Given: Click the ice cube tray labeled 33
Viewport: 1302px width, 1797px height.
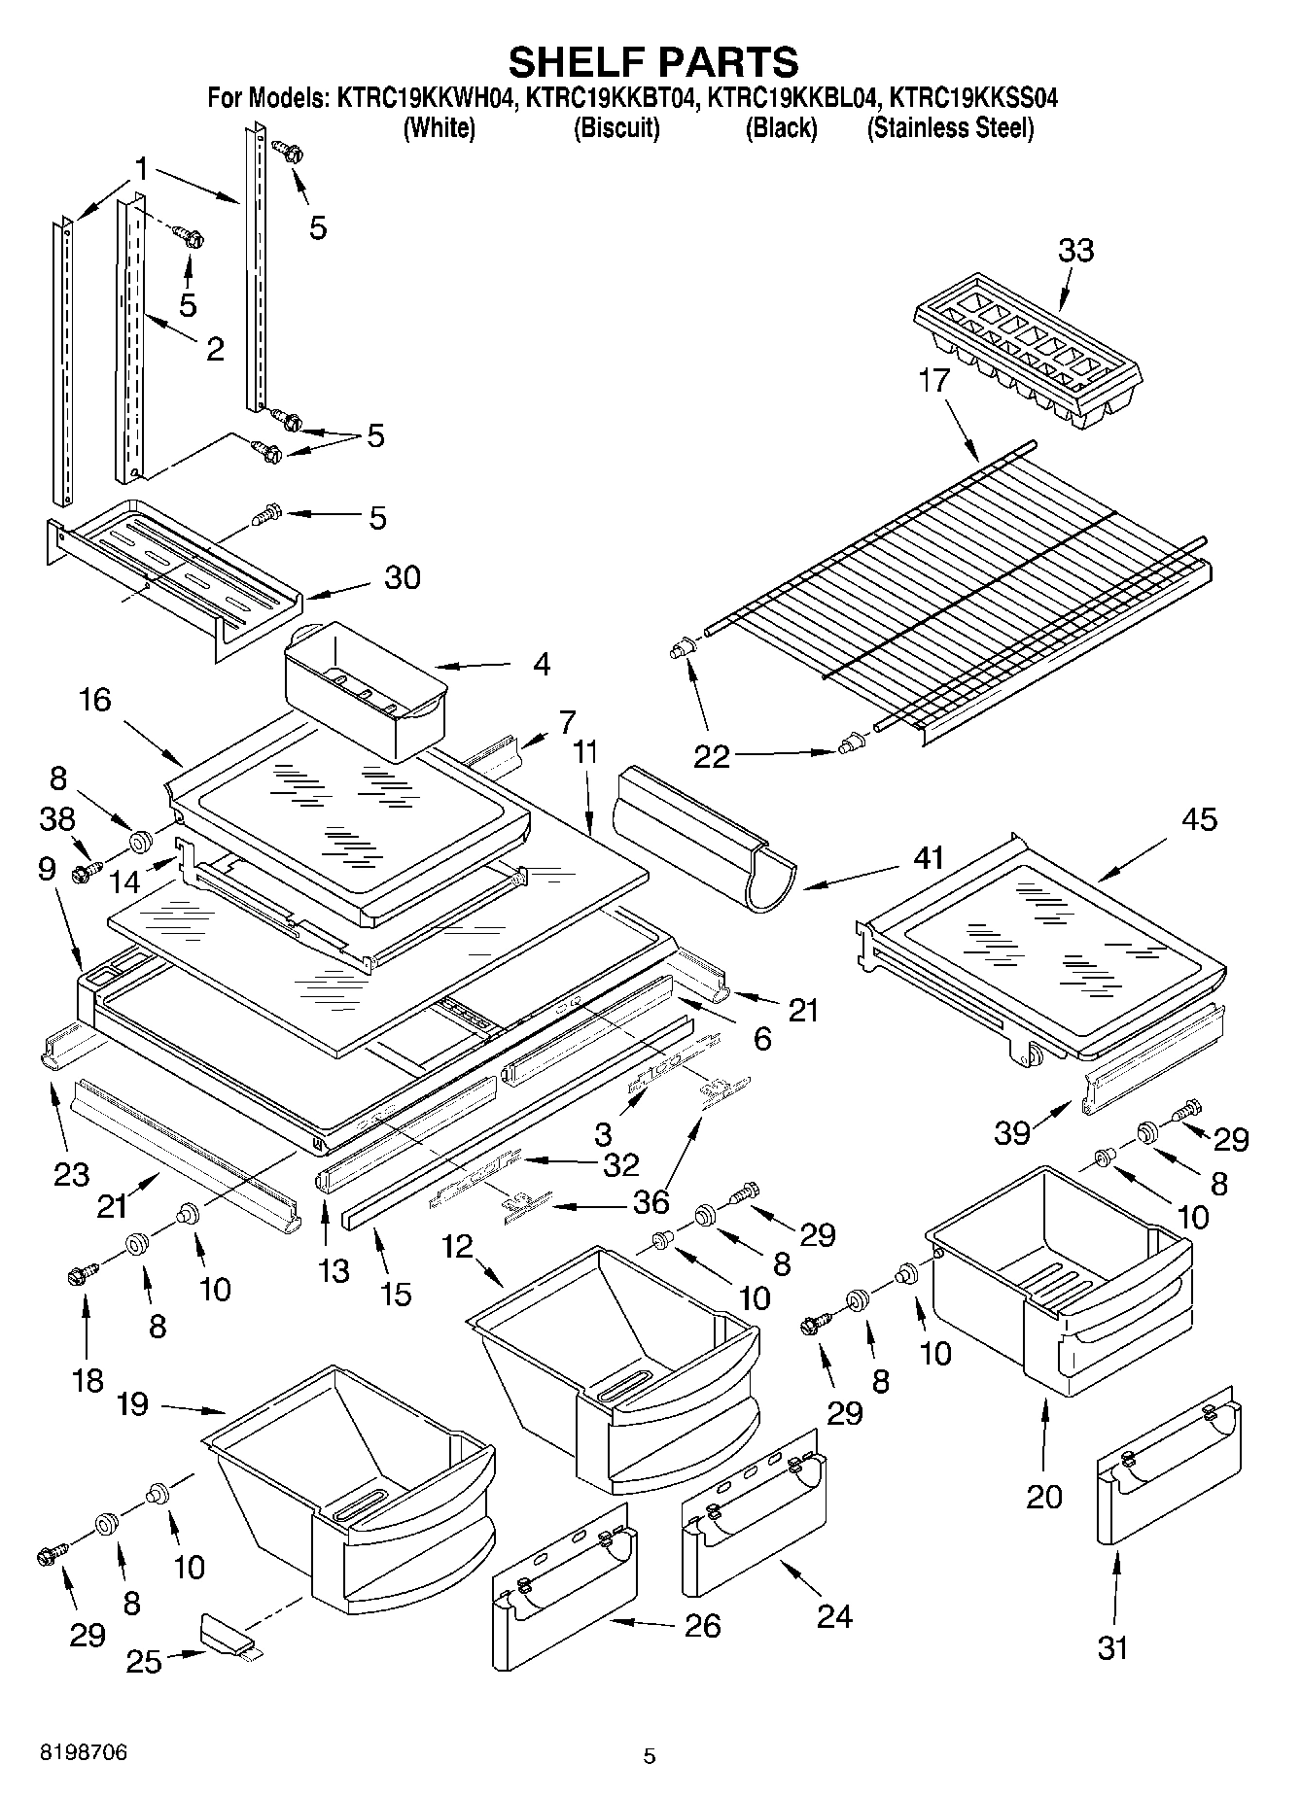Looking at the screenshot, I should click(x=1029, y=357).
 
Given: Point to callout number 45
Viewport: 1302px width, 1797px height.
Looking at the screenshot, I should click(x=1198, y=819).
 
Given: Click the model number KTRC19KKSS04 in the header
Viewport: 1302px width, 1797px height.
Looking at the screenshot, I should click(x=974, y=98).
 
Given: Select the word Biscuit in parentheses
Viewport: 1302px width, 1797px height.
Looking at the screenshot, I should click(x=616, y=128).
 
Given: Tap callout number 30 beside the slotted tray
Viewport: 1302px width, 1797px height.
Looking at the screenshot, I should click(x=402, y=577).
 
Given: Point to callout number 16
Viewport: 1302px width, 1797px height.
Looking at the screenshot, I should click(x=95, y=700).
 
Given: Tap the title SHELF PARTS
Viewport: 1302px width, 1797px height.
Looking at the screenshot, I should click(x=653, y=61).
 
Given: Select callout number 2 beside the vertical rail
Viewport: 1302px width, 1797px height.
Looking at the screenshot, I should click(x=215, y=349).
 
